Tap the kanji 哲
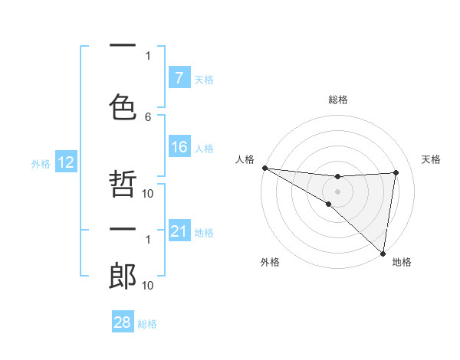pyautogui.click(x=123, y=184)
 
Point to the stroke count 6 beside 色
pyautogui.click(x=148, y=116)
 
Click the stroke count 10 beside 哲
pyautogui.click(x=148, y=193)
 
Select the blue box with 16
pyautogui.click(x=179, y=148)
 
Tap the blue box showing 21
pyautogui.click(x=179, y=231)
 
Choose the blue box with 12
pyautogui.click(x=65, y=162)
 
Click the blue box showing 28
pyautogui.click(x=123, y=323)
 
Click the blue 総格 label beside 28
pyautogui.click(x=147, y=324)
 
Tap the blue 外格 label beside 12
pyautogui.click(x=41, y=163)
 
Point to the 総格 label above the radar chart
pyautogui.click(x=338, y=100)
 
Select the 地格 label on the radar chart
pyautogui.click(x=402, y=262)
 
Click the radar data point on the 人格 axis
pyautogui.click(x=264, y=168)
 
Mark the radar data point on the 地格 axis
pyautogui.click(x=383, y=253)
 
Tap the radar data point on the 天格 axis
pyautogui.click(x=396, y=172)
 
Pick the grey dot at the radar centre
pyautogui.click(x=337, y=190)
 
